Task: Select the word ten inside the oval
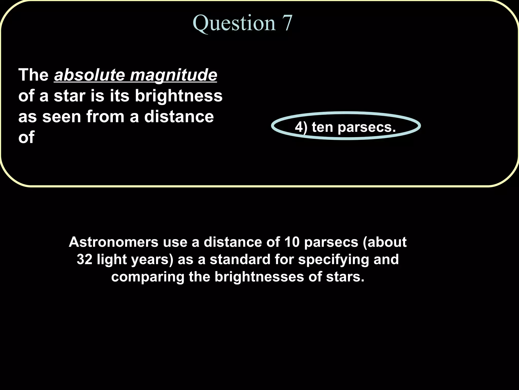click(x=322, y=127)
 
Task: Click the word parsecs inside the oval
click(x=366, y=127)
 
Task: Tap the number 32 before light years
click(x=84, y=259)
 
